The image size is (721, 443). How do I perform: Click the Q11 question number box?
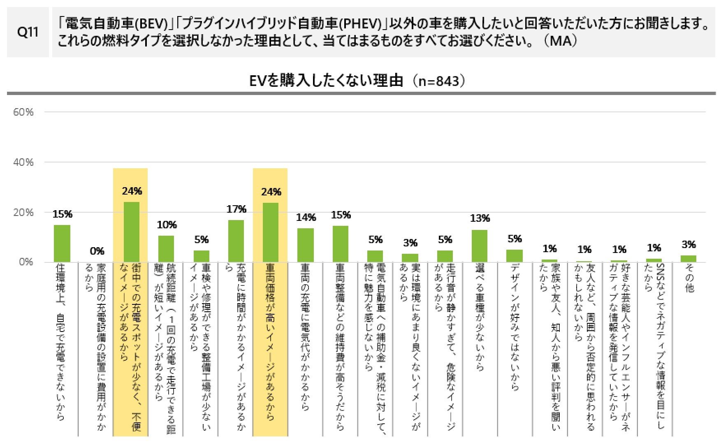tap(28, 32)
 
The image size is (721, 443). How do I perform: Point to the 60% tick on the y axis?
tap(23, 112)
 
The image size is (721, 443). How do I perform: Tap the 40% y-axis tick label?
tap(23, 162)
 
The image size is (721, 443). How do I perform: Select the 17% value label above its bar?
tap(236, 209)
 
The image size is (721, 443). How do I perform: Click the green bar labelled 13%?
tap(480, 246)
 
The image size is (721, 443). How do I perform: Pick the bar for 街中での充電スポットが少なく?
tap(132, 232)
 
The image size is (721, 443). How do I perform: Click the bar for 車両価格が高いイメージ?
tap(271, 232)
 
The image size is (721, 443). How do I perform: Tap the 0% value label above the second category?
tap(97, 251)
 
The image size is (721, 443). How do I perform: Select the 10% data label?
tap(167, 225)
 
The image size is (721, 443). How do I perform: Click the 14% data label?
tap(306, 218)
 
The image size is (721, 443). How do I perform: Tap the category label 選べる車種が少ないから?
tap(480, 317)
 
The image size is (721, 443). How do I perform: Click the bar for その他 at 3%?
tap(689, 259)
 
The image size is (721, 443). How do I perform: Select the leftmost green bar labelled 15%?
tap(62, 244)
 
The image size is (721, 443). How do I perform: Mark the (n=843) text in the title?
tap(439, 81)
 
